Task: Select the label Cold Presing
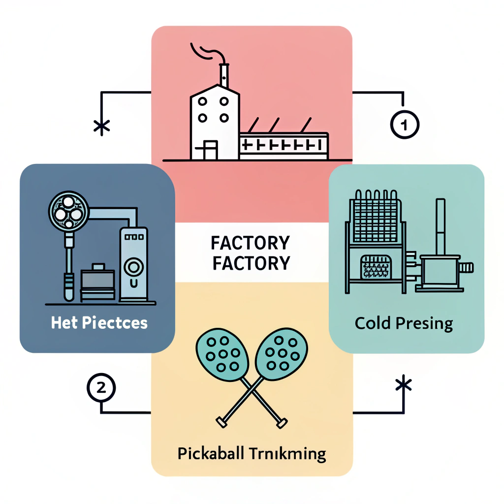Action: [404, 324]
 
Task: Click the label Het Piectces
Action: [99, 323]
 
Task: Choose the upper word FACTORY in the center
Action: [250, 244]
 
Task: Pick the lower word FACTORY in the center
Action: [250, 263]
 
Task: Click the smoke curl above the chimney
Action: [204, 51]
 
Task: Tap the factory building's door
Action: [210, 150]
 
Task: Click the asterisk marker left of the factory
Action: [101, 127]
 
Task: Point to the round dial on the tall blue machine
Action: [133, 268]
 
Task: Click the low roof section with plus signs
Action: [283, 144]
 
